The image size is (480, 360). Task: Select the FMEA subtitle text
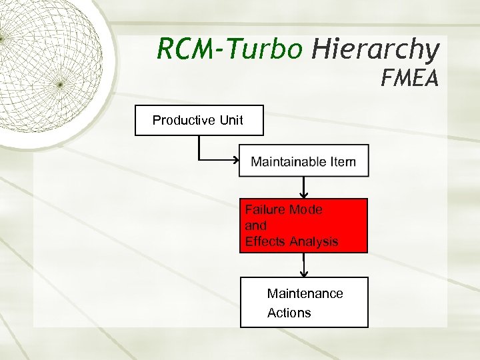click(x=409, y=80)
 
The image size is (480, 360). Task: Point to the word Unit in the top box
click(x=231, y=121)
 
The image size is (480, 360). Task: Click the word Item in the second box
click(x=343, y=161)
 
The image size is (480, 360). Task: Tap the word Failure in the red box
click(x=263, y=209)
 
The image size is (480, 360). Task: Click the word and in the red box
click(x=256, y=225)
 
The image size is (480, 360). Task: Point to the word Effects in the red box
click(x=266, y=241)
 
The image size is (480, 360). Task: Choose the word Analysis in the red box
click(x=315, y=241)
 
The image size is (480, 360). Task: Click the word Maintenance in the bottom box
click(x=305, y=293)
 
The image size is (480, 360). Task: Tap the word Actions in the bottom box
click(x=289, y=313)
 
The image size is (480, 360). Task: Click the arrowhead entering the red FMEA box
click(x=304, y=195)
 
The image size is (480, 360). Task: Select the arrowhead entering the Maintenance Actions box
click(x=304, y=273)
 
